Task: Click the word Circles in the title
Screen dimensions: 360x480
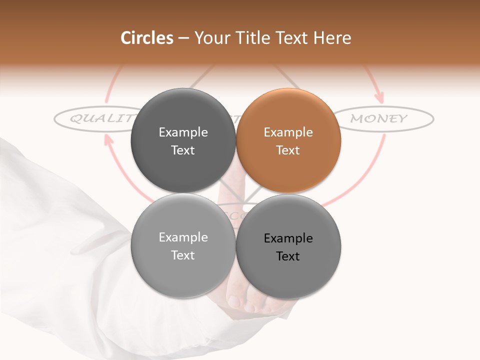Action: tap(146, 38)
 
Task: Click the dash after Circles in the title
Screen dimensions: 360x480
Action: tap(183, 38)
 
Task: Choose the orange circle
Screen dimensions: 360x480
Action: tap(288, 141)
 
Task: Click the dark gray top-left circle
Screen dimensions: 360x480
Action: tap(183, 141)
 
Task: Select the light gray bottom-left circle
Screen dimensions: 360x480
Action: tap(183, 246)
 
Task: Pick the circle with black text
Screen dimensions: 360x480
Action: tap(288, 246)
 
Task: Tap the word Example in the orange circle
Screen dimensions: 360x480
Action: tap(288, 132)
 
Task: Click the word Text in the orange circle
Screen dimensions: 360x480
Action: tap(288, 150)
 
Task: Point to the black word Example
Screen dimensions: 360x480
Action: tap(288, 238)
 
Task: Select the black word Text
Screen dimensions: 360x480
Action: tap(288, 256)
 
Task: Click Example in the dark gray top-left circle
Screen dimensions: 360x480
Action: tap(183, 132)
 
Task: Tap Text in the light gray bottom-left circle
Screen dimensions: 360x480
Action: tap(183, 255)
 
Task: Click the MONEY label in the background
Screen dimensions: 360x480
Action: tap(379, 118)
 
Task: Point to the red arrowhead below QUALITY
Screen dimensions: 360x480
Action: tap(107, 139)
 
